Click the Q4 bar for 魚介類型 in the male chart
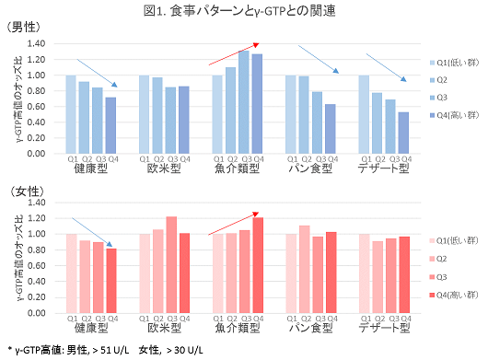257,103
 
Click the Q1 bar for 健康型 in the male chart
71,114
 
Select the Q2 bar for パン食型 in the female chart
305,269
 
